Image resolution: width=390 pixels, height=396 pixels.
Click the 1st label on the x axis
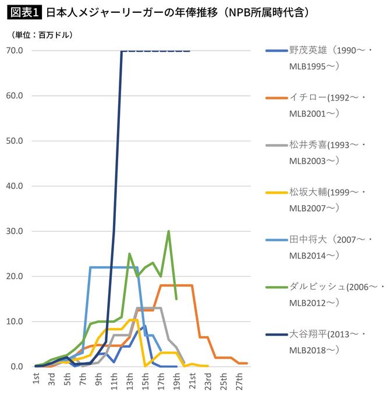tap(37, 381)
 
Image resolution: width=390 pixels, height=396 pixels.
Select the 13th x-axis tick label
tap(130, 383)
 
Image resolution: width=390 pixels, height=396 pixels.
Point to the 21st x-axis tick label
tap(192, 383)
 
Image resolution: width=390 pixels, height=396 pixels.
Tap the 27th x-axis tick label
tap(239, 383)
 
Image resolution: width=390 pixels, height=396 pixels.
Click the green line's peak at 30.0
tap(169, 231)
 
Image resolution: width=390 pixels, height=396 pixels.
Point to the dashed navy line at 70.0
tap(157, 51)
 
